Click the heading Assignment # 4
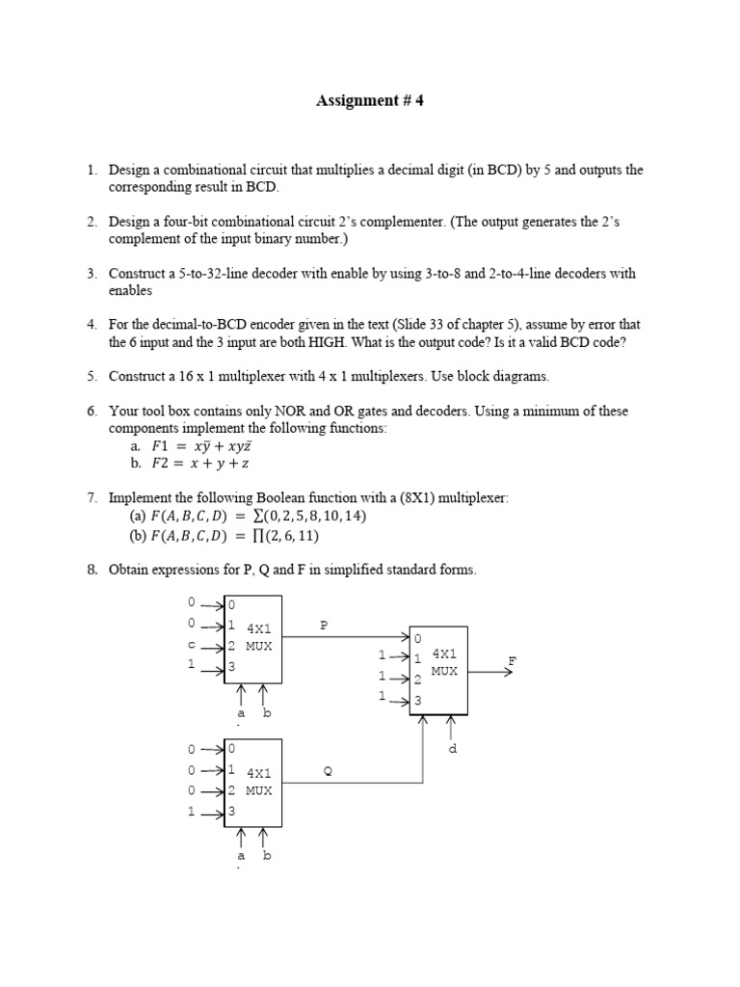tap(370, 100)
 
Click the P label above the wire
tap(325, 625)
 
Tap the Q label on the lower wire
tap(328, 770)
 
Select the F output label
tap(513, 660)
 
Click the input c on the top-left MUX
tap(192, 645)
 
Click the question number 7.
tap(91, 497)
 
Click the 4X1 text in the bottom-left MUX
tap(259, 773)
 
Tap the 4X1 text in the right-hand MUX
tap(444, 654)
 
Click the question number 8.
tap(91, 570)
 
